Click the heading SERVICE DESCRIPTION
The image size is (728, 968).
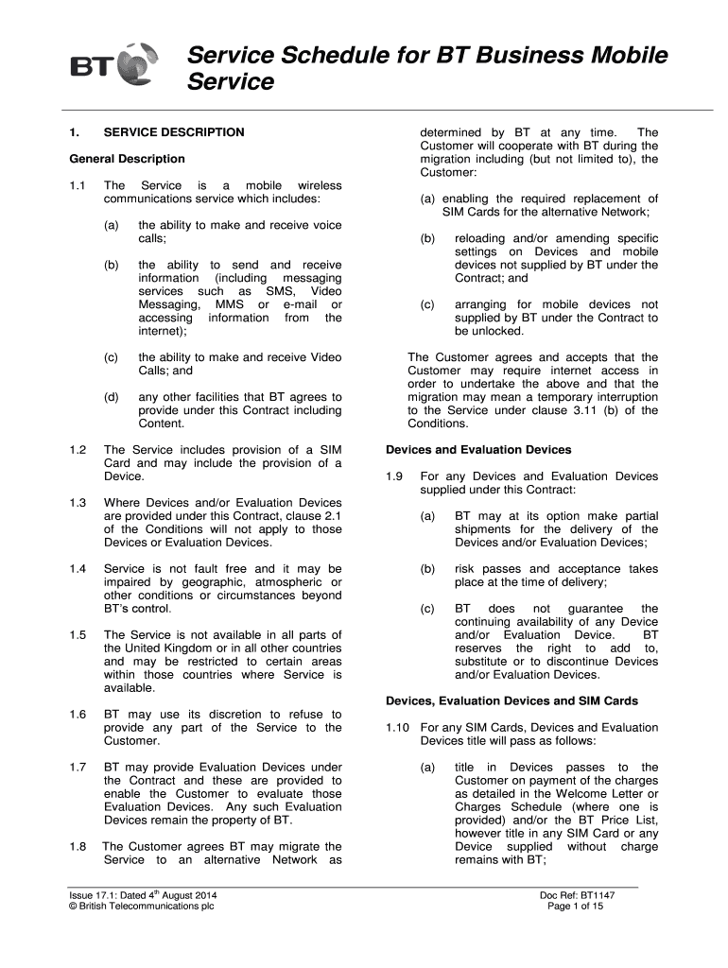[x=174, y=132]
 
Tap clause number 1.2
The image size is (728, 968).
[x=78, y=450]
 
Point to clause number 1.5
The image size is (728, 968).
[x=78, y=635]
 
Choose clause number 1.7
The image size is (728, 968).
[x=78, y=768]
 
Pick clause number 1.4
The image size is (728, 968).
[x=78, y=569]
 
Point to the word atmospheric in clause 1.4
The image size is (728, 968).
[x=276, y=582]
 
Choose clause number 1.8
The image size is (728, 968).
[x=78, y=847]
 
